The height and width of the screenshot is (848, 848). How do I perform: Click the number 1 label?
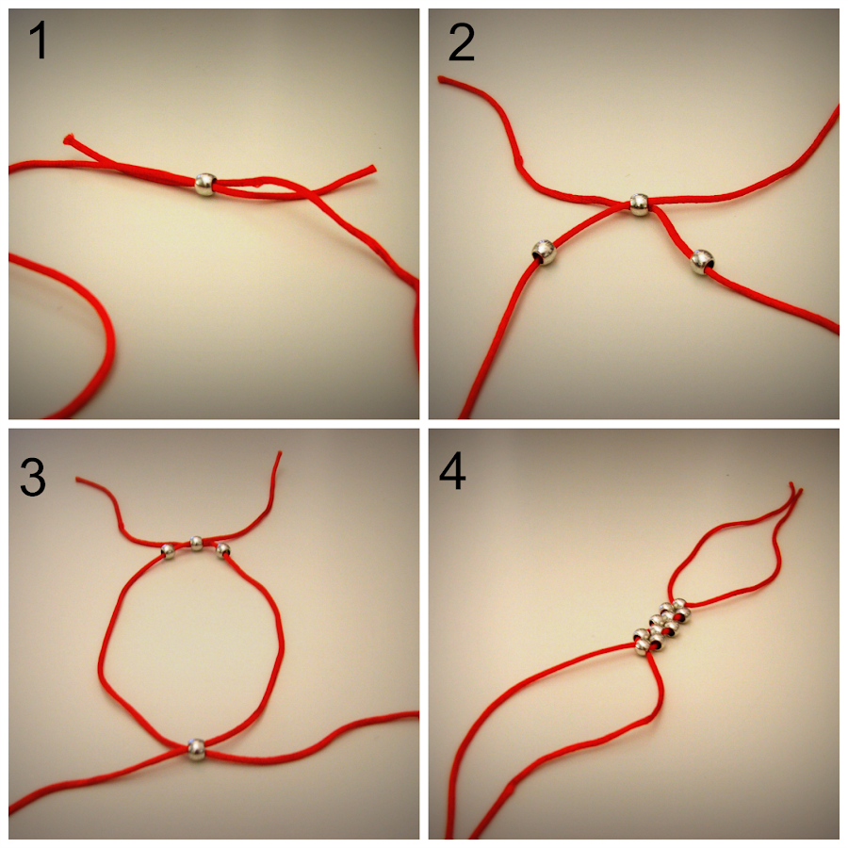39,43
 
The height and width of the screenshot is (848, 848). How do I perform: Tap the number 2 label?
461,43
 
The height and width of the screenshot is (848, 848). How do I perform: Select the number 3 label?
32,479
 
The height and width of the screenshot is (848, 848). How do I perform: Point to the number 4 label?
452,472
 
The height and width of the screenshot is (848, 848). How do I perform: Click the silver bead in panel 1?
205,185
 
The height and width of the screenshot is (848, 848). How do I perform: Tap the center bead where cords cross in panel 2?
639,204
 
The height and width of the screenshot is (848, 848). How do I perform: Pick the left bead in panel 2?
544,252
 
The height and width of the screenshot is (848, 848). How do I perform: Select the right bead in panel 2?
701,261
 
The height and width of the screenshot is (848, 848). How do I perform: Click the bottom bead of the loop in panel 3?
195,749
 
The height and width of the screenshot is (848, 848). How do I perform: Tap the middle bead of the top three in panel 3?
196,543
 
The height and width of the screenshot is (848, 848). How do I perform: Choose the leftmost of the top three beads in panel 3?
168,551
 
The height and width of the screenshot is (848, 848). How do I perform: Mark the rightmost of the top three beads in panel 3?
223,549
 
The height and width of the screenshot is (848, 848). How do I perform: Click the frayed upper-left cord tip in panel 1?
68,140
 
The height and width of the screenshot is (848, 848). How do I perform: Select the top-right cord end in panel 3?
279,455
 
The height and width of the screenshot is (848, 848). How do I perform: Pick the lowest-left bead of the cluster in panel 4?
641,644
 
